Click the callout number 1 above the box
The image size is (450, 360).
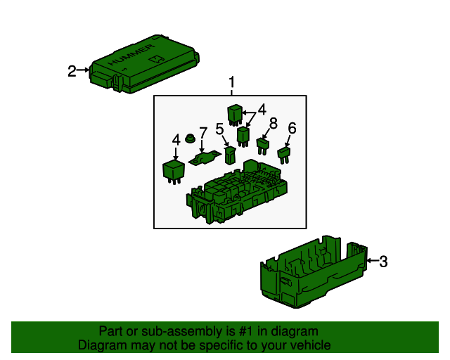[231, 82]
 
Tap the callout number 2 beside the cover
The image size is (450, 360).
[72, 71]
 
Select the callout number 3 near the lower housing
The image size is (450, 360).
[383, 262]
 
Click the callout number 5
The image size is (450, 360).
[219, 129]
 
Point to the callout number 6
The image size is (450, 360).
[292, 128]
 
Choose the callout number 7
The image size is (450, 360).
[203, 133]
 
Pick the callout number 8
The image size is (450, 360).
[274, 123]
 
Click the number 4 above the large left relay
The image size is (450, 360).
[176, 140]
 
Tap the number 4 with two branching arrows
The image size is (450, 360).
[262, 110]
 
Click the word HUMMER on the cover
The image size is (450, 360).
[131, 55]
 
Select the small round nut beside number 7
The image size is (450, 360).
[190, 138]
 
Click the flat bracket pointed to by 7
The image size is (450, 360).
[205, 158]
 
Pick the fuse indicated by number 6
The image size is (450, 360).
[284, 155]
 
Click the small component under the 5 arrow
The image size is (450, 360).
[230, 155]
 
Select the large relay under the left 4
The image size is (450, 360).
[174, 172]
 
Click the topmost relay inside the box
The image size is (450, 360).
[235, 115]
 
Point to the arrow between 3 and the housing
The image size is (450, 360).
[373, 261]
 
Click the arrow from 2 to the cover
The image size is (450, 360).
[83, 70]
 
